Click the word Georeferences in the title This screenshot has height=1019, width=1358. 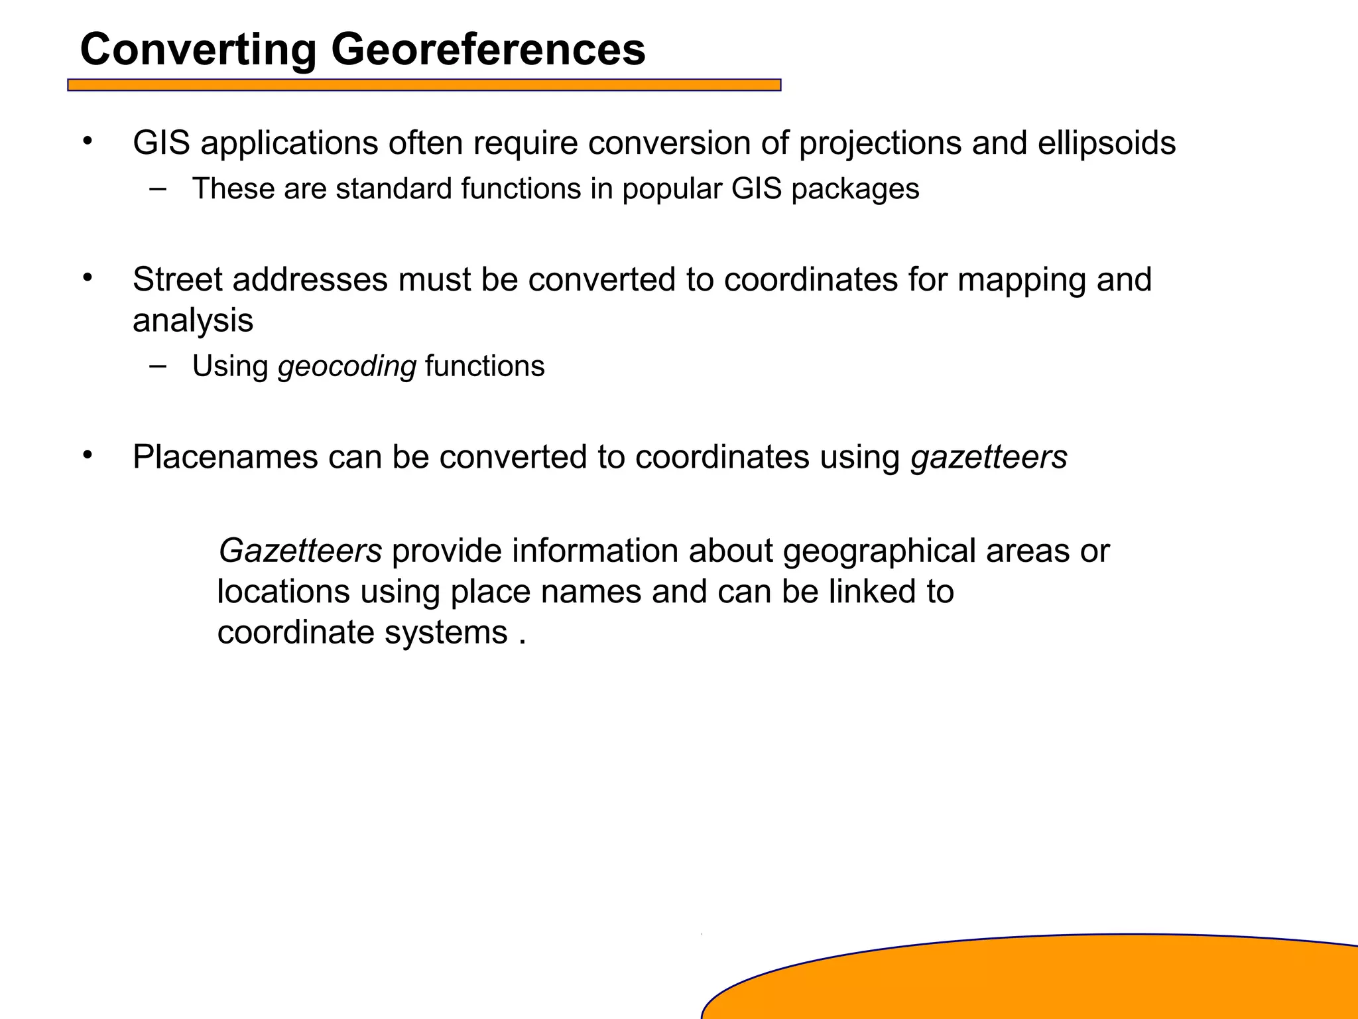coord(488,50)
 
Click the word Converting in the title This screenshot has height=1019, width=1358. coord(198,51)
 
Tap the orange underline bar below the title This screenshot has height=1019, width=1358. coord(424,85)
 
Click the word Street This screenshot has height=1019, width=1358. coord(177,279)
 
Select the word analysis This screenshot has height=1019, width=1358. coord(193,321)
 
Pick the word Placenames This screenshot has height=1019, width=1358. coord(225,457)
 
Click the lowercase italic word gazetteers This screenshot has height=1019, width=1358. coord(989,457)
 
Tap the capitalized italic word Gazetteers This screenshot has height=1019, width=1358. coord(300,551)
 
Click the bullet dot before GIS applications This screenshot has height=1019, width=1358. coord(87,141)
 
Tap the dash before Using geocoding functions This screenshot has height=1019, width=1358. coord(158,365)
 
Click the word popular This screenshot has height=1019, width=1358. coord(672,190)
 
